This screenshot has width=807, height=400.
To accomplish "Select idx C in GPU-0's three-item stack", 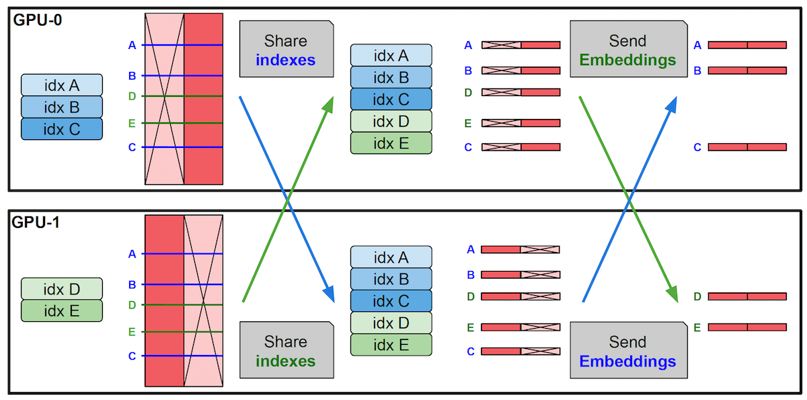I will click(x=61, y=128).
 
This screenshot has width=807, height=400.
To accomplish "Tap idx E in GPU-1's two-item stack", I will click(x=61, y=311).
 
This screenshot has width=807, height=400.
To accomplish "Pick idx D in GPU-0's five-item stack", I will click(x=391, y=121).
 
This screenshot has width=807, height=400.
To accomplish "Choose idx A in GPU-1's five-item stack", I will click(x=391, y=257).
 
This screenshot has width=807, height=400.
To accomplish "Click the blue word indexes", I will click(x=286, y=59).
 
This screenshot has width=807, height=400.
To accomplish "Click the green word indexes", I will click(x=286, y=361).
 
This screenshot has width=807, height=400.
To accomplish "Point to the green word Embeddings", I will click(x=627, y=59).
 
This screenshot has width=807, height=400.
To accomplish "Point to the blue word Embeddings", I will click(x=627, y=361).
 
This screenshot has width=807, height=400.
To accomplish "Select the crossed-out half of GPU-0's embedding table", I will click(x=164, y=98).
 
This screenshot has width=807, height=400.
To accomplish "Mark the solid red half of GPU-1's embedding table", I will click(x=164, y=301).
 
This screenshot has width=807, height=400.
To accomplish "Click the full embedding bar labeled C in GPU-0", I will click(x=746, y=147).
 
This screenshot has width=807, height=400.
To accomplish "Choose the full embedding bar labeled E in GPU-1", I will click(x=746, y=327).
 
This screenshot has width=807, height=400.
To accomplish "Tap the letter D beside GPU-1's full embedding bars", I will click(x=697, y=296).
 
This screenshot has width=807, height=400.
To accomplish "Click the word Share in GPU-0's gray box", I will click(x=286, y=40).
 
